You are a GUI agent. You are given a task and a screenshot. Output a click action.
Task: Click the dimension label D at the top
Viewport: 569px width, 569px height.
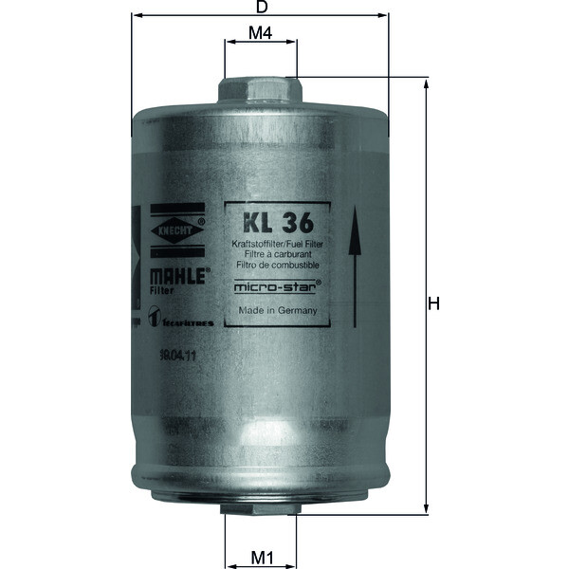(x=261, y=7)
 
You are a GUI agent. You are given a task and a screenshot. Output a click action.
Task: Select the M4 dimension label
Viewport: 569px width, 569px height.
(x=261, y=33)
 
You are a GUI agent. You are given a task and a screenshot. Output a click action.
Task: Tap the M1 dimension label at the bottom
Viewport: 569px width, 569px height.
(x=262, y=557)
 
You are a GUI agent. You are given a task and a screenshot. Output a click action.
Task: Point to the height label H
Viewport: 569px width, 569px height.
(x=435, y=303)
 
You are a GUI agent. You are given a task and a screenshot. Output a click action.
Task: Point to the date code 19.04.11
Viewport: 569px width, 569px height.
(x=177, y=354)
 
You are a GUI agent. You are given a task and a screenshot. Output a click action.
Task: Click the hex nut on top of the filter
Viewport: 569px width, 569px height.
(x=260, y=90)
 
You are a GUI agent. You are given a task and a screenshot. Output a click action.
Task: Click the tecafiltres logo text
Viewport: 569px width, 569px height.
(x=185, y=323)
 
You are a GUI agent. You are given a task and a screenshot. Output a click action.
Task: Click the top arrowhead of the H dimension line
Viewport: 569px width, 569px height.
(x=426, y=83)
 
